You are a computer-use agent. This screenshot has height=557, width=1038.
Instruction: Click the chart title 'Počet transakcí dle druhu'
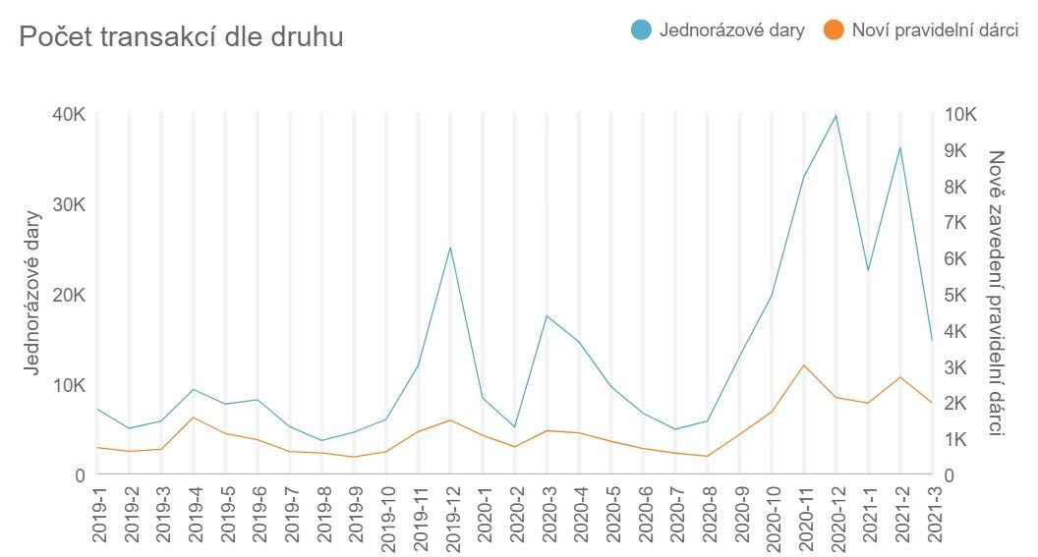click(x=181, y=37)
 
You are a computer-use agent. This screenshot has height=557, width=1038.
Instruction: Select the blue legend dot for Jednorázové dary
click(x=642, y=30)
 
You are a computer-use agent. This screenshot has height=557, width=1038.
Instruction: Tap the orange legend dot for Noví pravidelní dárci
click(x=835, y=30)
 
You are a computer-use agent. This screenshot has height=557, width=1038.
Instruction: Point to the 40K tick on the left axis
click(x=69, y=115)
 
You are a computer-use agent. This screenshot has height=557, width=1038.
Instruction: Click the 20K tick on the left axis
click(x=69, y=296)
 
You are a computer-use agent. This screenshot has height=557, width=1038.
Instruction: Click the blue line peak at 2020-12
click(x=836, y=115)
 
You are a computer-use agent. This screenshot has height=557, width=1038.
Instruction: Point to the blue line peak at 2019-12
click(x=450, y=247)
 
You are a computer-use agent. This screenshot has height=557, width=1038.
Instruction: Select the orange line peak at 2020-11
click(x=803, y=365)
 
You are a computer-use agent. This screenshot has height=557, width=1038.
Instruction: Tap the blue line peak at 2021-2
click(x=899, y=147)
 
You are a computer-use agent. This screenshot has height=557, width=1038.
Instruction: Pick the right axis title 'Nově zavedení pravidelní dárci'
click(x=997, y=294)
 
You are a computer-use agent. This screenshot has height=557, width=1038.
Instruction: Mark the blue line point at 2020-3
click(x=547, y=315)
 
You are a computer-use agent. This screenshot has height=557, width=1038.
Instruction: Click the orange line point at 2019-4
click(x=194, y=418)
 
